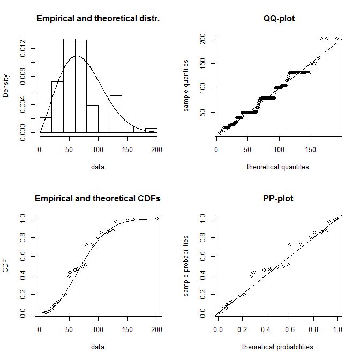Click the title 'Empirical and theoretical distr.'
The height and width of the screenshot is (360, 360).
click(x=98, y=19)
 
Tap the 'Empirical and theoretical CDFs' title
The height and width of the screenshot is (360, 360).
click(x=98, y=199)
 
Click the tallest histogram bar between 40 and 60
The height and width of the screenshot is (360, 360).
click(x=69, y=86)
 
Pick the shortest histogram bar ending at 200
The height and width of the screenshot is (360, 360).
click(x=151, y=130)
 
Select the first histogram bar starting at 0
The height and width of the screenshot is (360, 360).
click(x=46, y=125)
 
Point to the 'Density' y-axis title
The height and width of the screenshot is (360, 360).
click(x=6, y=86)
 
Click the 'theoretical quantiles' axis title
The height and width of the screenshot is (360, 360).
click(x=277, y=167)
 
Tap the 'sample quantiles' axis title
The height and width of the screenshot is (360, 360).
click(x=186, y=86)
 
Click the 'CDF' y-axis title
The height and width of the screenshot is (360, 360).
click(x=6, y=266)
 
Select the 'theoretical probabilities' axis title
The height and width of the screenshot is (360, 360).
click(x=277, y=347)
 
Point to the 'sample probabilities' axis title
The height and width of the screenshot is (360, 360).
click(x=186, y=266)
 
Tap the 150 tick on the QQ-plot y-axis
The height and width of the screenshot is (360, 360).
click(x=201, y=63)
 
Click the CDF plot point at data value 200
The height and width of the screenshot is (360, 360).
click(x=157, y=218)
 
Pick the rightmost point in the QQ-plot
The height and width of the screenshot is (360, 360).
click(x=337, y=39)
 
